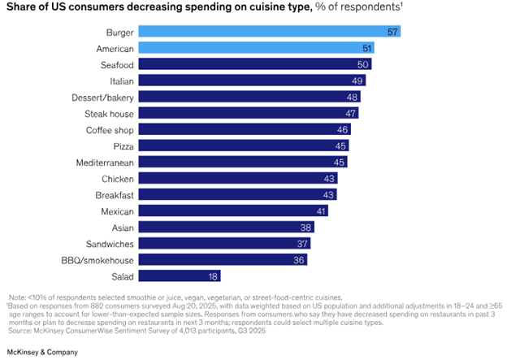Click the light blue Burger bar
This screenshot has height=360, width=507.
coord(268,32)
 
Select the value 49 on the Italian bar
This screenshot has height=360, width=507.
coord(357,80)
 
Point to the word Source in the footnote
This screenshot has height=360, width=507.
coord(20,332)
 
